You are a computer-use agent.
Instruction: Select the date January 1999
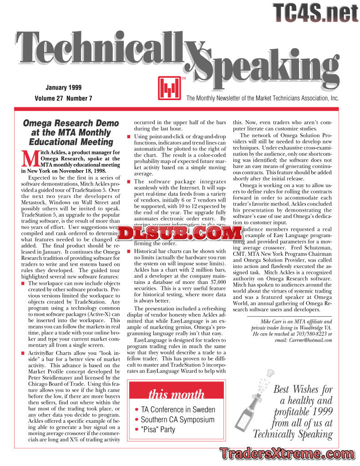(x=64, y=87)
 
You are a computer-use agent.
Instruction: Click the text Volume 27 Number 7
(x=63, y=98)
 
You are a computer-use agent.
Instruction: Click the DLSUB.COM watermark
(x=181, y=233)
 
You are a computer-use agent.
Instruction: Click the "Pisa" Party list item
(x=157, y=430)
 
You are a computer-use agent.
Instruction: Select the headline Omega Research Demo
(x=71, y=123)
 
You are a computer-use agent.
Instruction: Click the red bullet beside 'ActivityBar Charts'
(x=24, y=354)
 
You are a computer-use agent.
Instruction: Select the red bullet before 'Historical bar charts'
(x=129, y=252)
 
